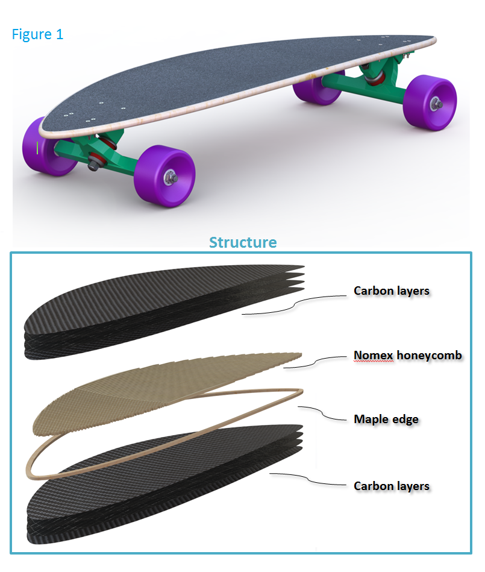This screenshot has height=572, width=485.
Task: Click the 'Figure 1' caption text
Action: click(x=37, y=34)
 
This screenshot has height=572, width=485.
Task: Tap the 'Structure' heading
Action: click(x=243, y=242)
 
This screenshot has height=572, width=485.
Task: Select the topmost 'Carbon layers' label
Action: click(x=392, y=291)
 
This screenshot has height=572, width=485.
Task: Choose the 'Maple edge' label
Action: click(x=386, y=419)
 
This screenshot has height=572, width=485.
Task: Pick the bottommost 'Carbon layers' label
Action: click(x=392, y=486)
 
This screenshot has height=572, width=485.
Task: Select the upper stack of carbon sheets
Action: click(x=151, y=313)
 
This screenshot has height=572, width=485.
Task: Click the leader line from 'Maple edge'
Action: click(x=325, y=413)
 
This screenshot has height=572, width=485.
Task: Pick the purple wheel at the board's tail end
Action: click(x=430, y=101)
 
